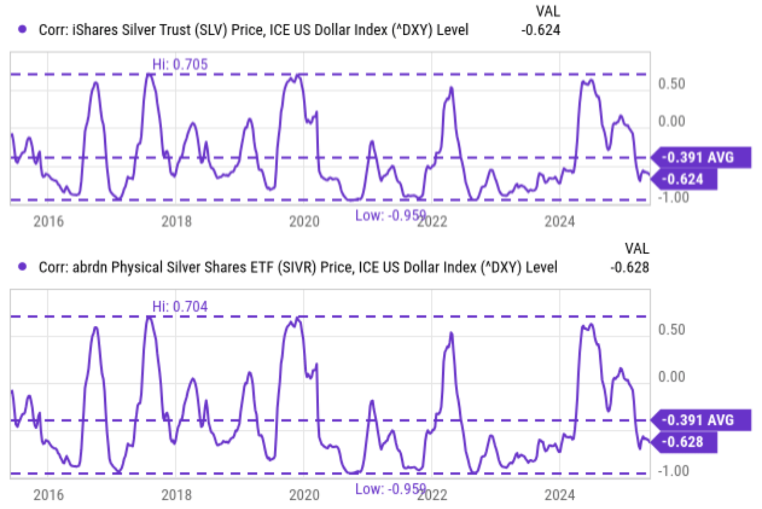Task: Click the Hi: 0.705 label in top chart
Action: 180,64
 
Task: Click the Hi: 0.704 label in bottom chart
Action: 180,306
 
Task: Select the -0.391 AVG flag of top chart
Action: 699,158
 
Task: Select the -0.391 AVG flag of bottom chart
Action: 699,420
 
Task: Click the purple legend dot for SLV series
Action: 22,29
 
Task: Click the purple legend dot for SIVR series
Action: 22,266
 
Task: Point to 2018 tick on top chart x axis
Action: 176,221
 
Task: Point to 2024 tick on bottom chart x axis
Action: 560,495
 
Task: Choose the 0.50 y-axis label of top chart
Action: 671,84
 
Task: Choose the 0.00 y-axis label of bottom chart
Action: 671,377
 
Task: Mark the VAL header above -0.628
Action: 636,248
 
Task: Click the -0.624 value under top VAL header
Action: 541,30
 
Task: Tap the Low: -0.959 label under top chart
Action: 390,216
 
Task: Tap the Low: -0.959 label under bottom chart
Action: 390,489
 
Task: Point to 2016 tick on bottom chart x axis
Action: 48,495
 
